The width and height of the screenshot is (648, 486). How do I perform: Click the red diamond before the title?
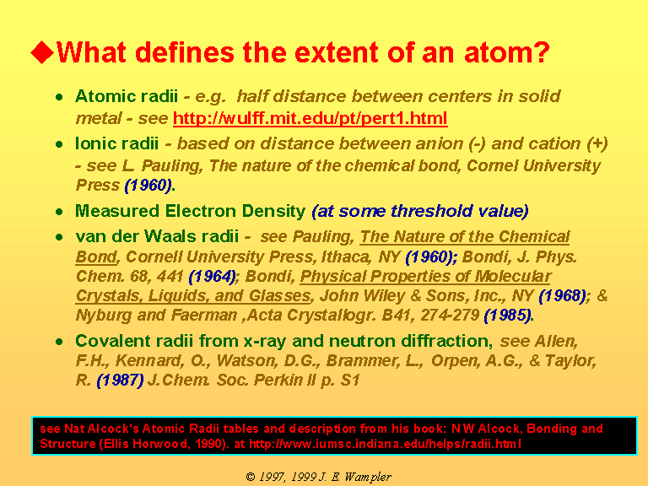pyautogui.click(x=42, y=52)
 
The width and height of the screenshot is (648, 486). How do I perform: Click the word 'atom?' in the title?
pyautogui.click(x=506, y=52)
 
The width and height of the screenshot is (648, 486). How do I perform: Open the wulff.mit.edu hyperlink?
pyautogui.click(x=310, y=119)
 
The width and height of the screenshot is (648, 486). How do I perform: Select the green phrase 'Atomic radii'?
pyautogui.click(x=127, y=96)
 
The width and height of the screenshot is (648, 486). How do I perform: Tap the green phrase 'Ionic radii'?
pyautogui.click(x=117, y=143)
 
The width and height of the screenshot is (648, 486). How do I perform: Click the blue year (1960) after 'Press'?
pyautogui.click(x=148, y=185)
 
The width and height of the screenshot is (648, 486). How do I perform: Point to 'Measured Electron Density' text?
pyautogui.click(x=190, y=211)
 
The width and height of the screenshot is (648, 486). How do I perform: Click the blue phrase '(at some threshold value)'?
pyautogui.click(x=420, y=211)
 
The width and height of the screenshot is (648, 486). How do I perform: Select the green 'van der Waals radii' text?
pyautogui.click(x=157, y=236)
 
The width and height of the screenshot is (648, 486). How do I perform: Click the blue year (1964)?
pyautogui.click(x=213, y=277)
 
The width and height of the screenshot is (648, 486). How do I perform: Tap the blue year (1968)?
pyautogui.click(x=563, y=296)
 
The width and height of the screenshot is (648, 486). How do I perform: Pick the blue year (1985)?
pyautogui.click(x=508, y=316)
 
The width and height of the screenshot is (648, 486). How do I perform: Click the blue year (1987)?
pyautogui.click(x=121, y=381)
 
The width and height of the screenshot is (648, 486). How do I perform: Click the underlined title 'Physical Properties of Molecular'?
pyautogui.click(x=425, y=277)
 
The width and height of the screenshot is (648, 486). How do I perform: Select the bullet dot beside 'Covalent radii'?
pyautogui.click(x=60, y=342)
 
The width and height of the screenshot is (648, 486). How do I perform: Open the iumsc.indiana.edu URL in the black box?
pyautogui.click(x=385, y=445)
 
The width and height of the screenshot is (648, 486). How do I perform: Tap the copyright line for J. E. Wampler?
pyautogui.click(x=319, y=477)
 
